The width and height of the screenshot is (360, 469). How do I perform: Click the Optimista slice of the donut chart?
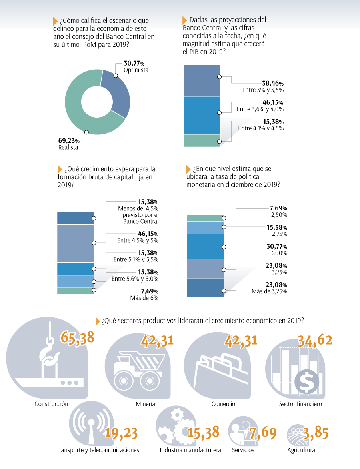[x=118, y=90]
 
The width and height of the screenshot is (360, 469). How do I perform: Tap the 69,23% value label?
[x=69, y=140]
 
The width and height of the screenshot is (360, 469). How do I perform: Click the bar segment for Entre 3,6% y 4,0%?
[x=202, y=115]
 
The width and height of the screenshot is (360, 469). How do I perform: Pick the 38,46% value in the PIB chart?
[x=273, y=83]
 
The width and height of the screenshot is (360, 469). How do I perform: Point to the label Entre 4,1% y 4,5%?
[x=261, y=128]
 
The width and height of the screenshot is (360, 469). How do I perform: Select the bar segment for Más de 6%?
[x=76, y=291]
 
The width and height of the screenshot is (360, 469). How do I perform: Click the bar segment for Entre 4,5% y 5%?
[x=76, y=243]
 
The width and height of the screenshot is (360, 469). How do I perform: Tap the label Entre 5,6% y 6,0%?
[x=135, y=279]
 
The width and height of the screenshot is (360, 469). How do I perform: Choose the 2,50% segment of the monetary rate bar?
[x=205, y=218]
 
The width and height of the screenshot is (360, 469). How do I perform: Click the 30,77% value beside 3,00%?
[x=277, y=246]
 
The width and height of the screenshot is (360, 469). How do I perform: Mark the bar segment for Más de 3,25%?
[x=205, y=287]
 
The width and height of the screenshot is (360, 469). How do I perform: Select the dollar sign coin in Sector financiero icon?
[x=307, y=382]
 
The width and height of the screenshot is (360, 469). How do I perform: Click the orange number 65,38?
[x=78, y=338]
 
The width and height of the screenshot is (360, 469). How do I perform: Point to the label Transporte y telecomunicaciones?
[x=98, y=450]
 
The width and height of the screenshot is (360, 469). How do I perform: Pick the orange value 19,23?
[x=121, y=433]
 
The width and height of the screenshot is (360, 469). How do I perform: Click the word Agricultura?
[x=301, y=450]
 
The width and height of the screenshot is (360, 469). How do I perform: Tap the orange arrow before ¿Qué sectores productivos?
[x=98, y=321]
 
